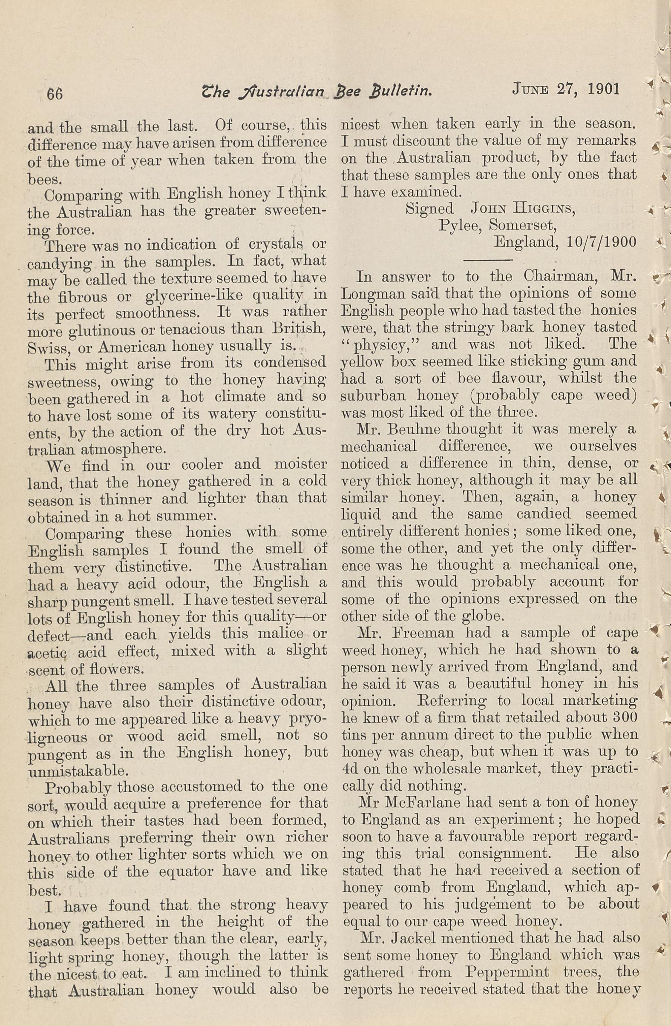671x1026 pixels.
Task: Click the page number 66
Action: pos(55,93)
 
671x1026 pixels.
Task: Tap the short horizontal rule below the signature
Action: pos(487,260)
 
